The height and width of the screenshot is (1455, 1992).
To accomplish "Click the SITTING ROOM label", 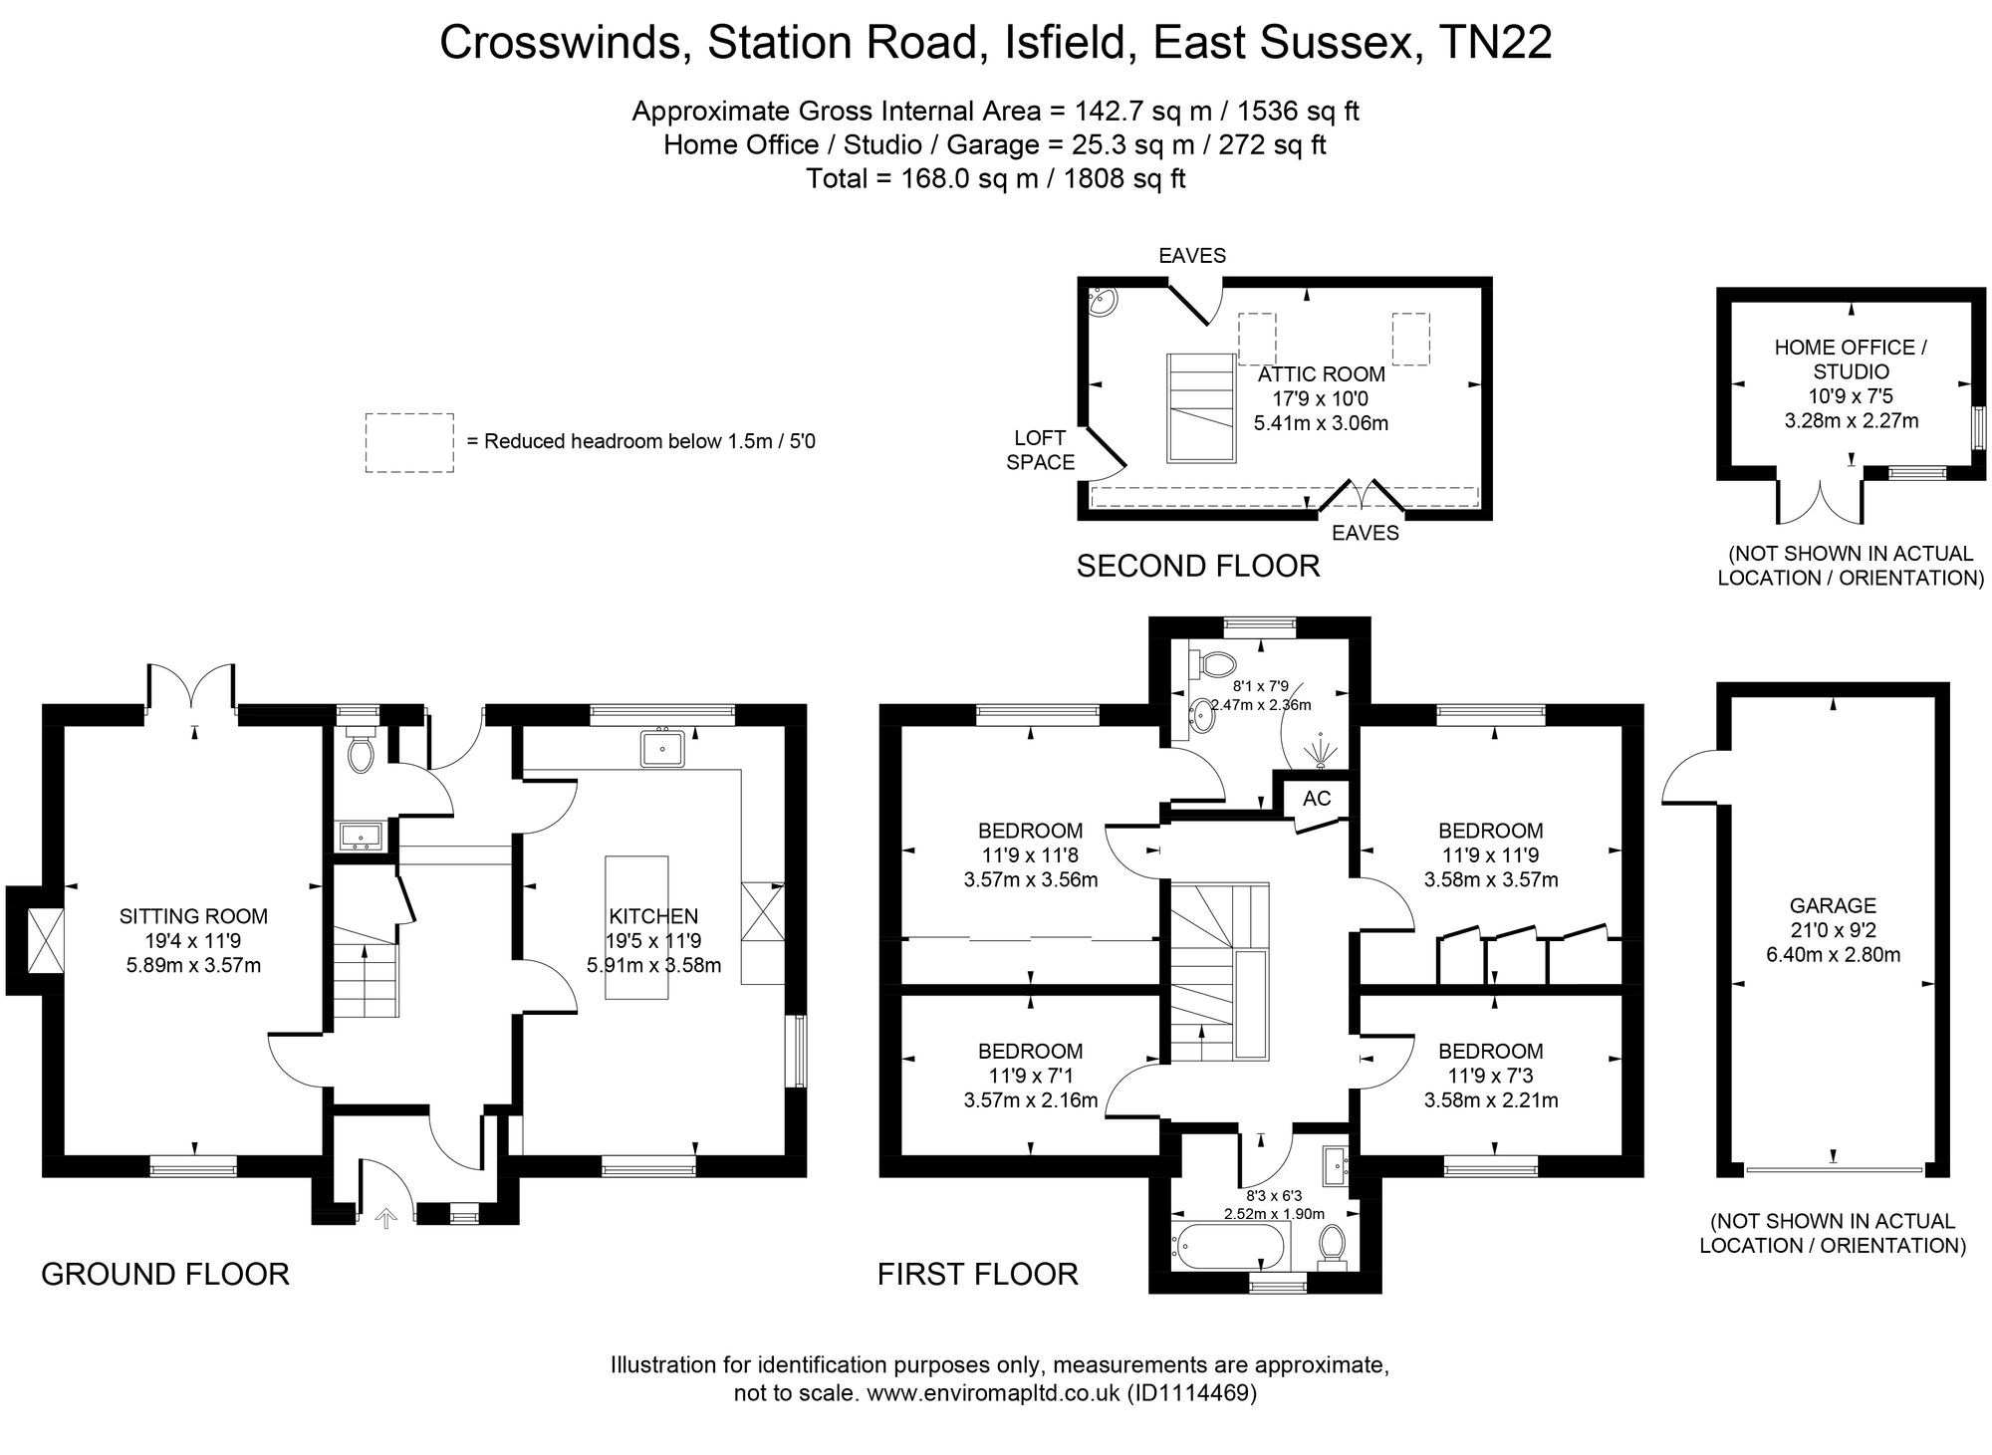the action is pyautogui.click(x=193, y=916).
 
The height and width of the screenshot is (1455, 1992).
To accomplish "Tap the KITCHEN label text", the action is pyautogui.click(x=653, y=916).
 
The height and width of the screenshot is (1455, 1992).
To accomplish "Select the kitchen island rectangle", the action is pyautogui.click(x=637, y=928).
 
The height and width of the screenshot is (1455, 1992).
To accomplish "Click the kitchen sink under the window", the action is pyautogui.click(x=662, y=748).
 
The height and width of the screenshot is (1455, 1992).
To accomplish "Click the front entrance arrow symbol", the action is pyautogui.click(x=385, y=1217).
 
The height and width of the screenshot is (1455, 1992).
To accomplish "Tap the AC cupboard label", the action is pyautogui.click(x=1317, y=799).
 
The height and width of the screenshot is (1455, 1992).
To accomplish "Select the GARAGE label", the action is pyautogui.click(x=1833, y=905).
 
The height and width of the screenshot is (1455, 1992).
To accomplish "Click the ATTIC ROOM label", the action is pyautogui.click(x=1321, y=374).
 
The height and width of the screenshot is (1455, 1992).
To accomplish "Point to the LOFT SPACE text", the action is pyautogui.click(x=1040, y=450).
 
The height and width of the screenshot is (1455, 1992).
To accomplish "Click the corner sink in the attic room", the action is pyautogui.click(x=1102, y=302).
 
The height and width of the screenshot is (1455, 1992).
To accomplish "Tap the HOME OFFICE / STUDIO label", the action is pyautogui.click(x=1851, y=360).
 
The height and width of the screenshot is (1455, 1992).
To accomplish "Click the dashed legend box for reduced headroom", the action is pyautogui.click(x=409, y=442).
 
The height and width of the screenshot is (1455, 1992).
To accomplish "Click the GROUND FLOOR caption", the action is pyautogui.click(x=165, y=1274).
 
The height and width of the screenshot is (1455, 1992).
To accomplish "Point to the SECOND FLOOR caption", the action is pyautogui.click(x=1198, y=566).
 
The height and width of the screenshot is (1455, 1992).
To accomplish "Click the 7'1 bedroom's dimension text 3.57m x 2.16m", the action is pyautogui.click(x=1030, y=1100).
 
